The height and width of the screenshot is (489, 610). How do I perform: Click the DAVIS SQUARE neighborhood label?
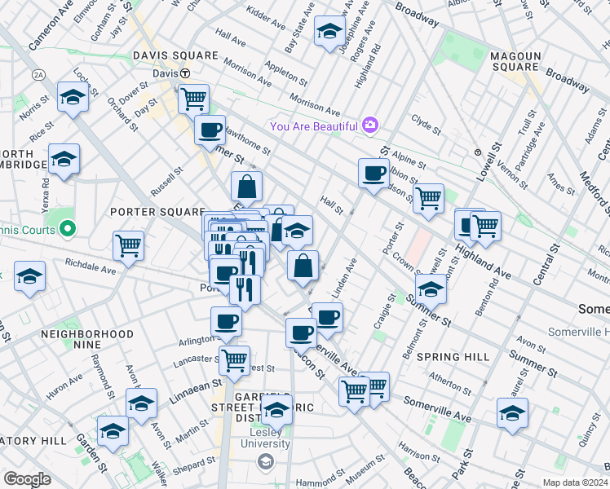pyautogui.click(x=178, y=55)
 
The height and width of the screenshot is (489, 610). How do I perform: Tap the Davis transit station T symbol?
pyautogui.click(x=186, y=73)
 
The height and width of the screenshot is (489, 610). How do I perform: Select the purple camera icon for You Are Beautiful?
pyautogui.click(x=370, y=125)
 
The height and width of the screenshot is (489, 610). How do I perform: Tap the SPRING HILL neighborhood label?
pyautogui.click(x=453, y=357)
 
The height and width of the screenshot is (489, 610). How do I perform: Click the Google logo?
pyautogui.click(x=27, y=478)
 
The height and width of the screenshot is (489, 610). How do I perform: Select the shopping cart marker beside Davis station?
pyautogui.click(x=194, y=99)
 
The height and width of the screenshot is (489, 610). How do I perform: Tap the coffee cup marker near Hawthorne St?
pyautogui.click(x=210, y=130)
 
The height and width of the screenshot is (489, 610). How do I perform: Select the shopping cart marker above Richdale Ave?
pyautogui.click(x=129, y=244)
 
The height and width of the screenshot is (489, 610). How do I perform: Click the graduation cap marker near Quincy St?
pyautogui.click(x=512, y=413)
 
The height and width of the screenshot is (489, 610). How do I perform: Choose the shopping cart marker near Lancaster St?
pyautogui.click(x=235, y=359)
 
